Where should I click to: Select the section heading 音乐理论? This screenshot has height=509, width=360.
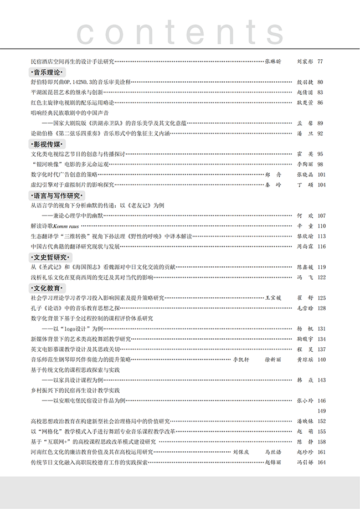tap(48, 72)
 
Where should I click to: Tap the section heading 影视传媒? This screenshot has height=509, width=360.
tap(48, 144)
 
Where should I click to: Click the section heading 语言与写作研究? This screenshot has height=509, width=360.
tap(57, 196)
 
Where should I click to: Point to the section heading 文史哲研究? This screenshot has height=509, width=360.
tap(51, 257)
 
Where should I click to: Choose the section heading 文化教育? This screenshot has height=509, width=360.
tap(48, 288)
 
